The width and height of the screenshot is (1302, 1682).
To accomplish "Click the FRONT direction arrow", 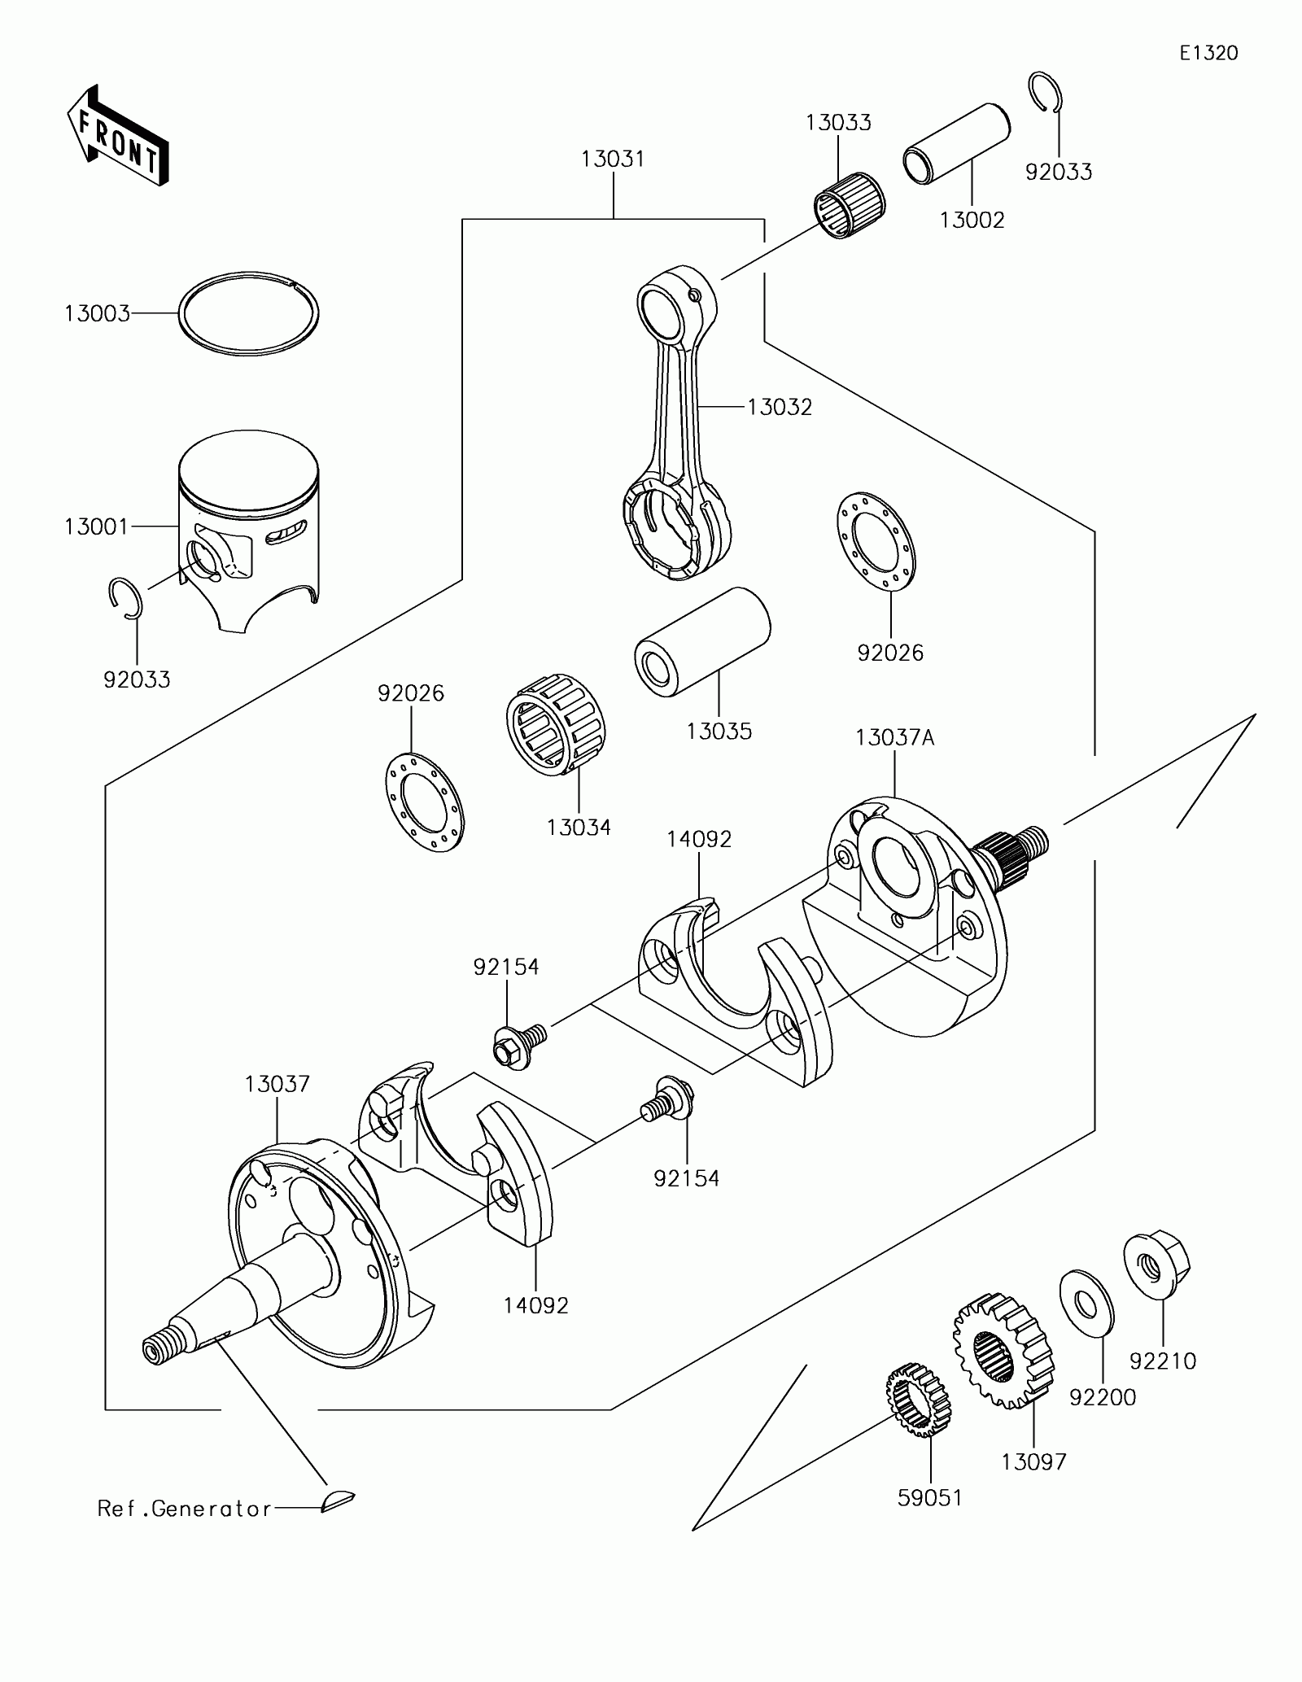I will pyautogui.click(x=117, y=134).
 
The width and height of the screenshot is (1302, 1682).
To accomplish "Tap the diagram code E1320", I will pyautogui.click(x=1208, y=54).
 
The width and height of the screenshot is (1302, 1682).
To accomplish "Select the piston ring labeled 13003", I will pyautogui.click(x=249, y=313).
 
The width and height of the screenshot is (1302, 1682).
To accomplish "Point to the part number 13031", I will pyautogui.click(x=613, y=159).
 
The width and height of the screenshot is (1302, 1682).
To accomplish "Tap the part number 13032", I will pyautogui.click(x=780, y=407).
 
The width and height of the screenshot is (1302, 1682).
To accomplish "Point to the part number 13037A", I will pyautogui.click(x=894, y=738).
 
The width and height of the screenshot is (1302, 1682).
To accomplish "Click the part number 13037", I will pyautogui.click(x=277, y=1084).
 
